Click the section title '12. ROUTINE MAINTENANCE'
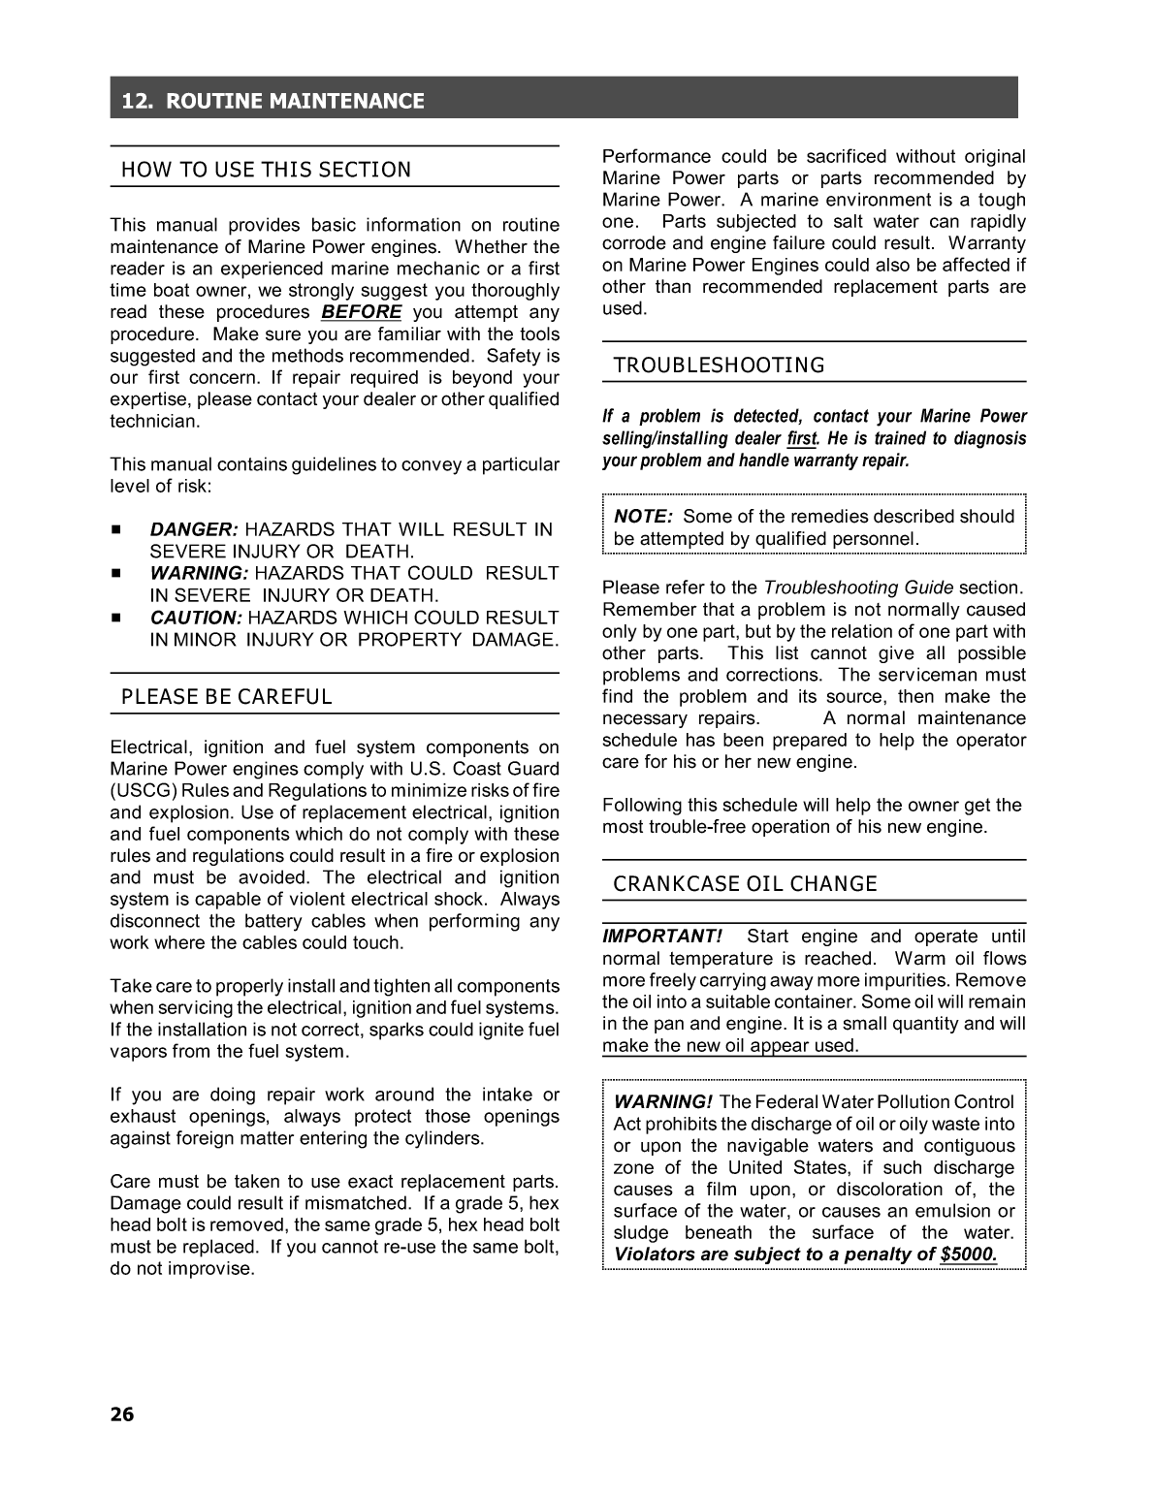[x=272, y=101]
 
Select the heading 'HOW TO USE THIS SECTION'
[x=266, y=171]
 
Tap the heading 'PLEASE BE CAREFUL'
[x=226, y=697]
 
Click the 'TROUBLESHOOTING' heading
[x=719, y=365]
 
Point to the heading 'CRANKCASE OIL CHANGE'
[x=745, y=884]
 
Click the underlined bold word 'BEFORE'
[x=361, y=312]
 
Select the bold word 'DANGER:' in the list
[x=193, y=529]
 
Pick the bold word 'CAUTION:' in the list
[x=195, y=618]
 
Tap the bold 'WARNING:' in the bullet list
[x=199, y=573]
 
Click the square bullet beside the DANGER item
[x=115, y=529]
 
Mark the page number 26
[x=122, y=1414]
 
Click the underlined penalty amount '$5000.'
[x=968, y=1255]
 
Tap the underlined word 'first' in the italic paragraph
[x=801, y=439]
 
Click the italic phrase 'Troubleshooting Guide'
[x=857, y=588]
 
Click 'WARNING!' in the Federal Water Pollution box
[x=663, y=1102]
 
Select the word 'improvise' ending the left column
[x=212, y=1269]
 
